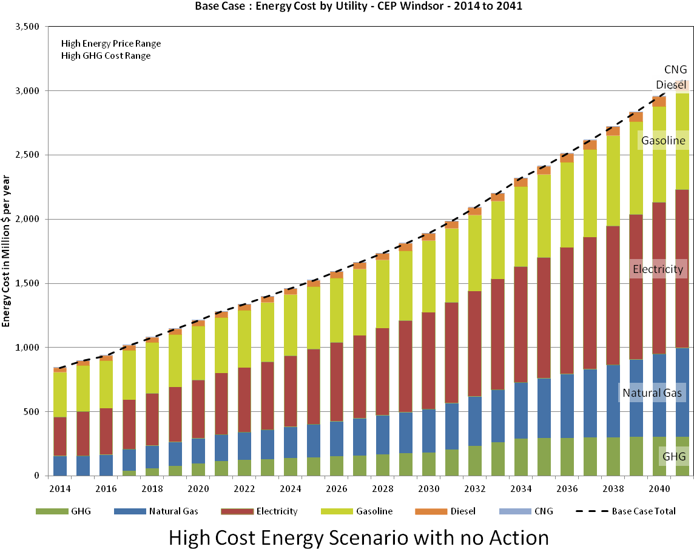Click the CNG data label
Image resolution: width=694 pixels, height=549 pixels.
pyautogui.click(x=675, y=69)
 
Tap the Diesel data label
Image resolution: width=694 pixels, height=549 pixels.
pyautogui.click(x=670, y=85)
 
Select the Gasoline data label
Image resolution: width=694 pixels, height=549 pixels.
pyautogui.click(x=663, y=141)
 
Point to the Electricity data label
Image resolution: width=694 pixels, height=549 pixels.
pyautogui.click(x=658, y=269)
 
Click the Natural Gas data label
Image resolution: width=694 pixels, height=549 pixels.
pyautogui.click(x=652, y=393)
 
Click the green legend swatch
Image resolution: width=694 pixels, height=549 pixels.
pyautogui.click(x=52, y=511)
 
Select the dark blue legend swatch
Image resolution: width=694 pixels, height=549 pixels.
pyautogui.click(x=130, y=511)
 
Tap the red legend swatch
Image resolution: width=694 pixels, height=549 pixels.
pyautogui.click(x=237, y=511)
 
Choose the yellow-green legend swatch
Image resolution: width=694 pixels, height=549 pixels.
pyautogui.click(x=337, y=511)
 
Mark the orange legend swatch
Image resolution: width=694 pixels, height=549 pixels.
pyautogui.click(x=431, y=511)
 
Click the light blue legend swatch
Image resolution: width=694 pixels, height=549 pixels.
pyautogui.click(x=515, y=511)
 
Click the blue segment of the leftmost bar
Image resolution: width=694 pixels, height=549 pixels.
pyautogui.click(x=60, y=465)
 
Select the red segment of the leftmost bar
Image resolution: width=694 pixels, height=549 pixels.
pyautogui.click(x=60, y=436)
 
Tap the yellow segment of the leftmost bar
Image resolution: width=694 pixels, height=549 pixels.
pyautogui.click(x=60, y=394)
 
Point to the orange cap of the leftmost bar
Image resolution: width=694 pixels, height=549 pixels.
pyautogui.click(x=60, y=369)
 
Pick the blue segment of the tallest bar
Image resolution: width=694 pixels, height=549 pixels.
pyautogui.click(x=682, y=392)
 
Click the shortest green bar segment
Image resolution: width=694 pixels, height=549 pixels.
pyautogui.click(x=129, y=473)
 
